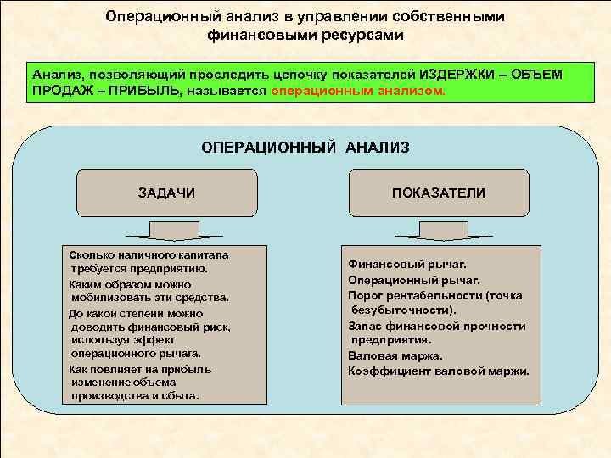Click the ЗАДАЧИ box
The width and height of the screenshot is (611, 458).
[x=166, y=193]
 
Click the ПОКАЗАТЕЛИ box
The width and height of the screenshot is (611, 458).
[x=438, y=193]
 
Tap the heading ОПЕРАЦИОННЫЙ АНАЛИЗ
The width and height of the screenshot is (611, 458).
[x=305, y=148]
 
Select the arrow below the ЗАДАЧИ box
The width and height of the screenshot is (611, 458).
[x=166, y=232]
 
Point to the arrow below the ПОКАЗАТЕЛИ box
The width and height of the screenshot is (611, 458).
[x=438, y=232]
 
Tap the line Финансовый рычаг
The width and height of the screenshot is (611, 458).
[x=406, y=264]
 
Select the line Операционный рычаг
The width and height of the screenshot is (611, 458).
[x=413, y=279]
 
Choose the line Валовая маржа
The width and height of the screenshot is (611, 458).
[x=395, y=355]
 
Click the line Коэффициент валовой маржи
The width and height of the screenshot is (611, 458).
[x=438, y=371]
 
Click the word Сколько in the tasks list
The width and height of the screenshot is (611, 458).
[x=91, y=254]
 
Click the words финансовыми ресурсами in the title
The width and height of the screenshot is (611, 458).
[x=305, y=36]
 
